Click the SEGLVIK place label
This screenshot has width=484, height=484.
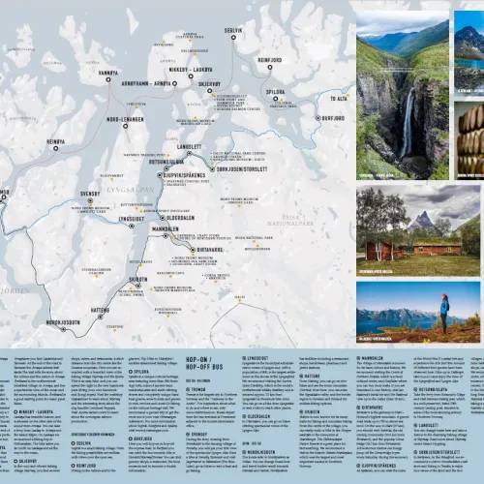233,30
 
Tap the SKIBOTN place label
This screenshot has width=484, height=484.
137,279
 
